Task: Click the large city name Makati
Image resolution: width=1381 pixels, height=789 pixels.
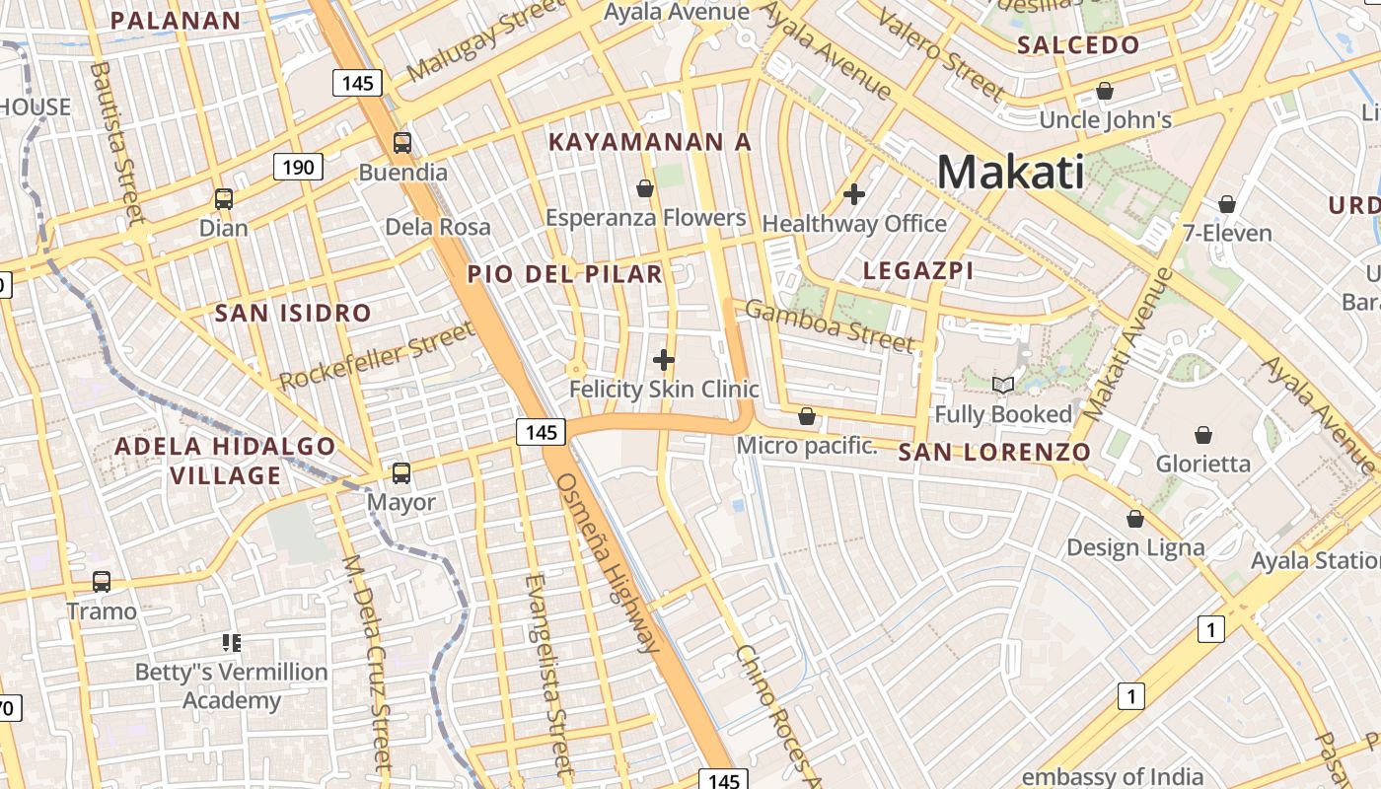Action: click(1010, 173)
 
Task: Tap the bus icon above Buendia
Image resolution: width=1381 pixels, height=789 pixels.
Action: click(402, 143)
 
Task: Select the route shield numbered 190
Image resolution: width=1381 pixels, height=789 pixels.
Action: click(298, 167)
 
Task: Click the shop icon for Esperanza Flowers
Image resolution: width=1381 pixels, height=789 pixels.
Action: click(645, 188)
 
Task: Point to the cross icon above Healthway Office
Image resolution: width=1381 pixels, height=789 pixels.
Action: click(854, 194)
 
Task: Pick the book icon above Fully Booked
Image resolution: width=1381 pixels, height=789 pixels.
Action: click(1003, 385)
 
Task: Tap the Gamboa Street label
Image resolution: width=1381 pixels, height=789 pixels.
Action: click(829, 326)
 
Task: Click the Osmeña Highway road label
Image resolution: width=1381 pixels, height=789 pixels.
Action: click(606, 562)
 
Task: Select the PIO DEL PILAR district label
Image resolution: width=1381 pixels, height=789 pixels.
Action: click(565, 274)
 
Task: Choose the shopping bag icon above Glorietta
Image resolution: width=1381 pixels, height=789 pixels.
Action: click(1203, 435)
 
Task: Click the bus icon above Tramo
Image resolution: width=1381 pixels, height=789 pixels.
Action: click(102, 582)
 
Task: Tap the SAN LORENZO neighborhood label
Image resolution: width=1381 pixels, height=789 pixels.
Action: click(994, 453)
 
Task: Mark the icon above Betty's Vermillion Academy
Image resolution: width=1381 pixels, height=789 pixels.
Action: click(232, 643)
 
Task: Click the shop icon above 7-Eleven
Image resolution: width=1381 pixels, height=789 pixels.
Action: click(1227, 204)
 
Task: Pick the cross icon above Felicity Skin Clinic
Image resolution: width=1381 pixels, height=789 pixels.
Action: click(664, 360)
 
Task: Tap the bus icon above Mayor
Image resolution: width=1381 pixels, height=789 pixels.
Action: click(401, 472)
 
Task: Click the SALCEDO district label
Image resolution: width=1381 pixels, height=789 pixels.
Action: click(1078, 44)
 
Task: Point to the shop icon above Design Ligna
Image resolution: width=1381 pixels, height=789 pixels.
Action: click(1135, 519)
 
